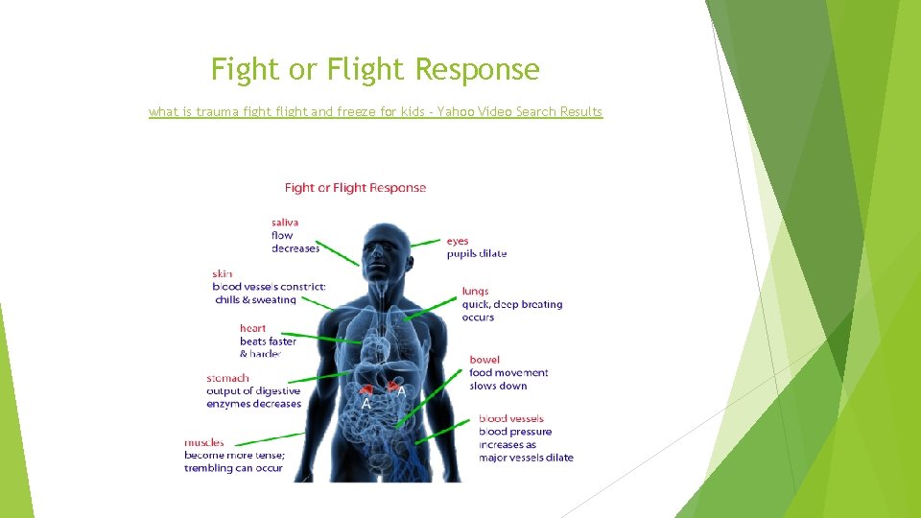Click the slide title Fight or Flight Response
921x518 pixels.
375,70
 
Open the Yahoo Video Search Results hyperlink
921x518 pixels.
375,112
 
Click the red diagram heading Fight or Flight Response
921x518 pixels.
355,188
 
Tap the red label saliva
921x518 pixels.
285,223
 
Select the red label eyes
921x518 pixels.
458,241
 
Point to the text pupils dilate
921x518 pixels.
476,254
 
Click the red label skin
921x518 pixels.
223,273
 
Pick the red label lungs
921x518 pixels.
475,291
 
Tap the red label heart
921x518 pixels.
253,328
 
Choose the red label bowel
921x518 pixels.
484,360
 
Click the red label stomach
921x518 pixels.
227,378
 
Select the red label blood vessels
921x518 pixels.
510,418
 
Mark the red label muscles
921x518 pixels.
204,442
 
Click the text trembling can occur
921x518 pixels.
233,468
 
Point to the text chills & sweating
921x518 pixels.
255,300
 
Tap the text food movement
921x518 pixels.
508,373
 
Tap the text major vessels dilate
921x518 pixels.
526,458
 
